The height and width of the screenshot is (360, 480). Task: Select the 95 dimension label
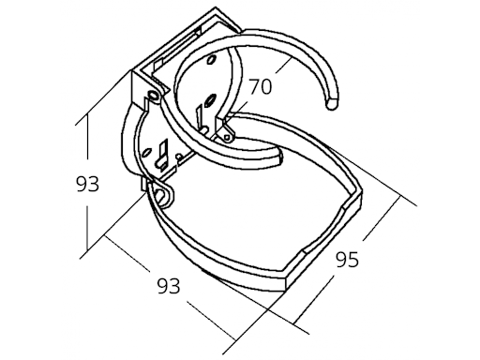tap(347, 260)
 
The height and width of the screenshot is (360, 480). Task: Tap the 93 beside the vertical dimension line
tap(87, 185)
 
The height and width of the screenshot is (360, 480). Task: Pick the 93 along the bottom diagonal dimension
tap(168, 283)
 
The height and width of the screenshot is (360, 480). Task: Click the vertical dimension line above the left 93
tap(86, 141)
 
